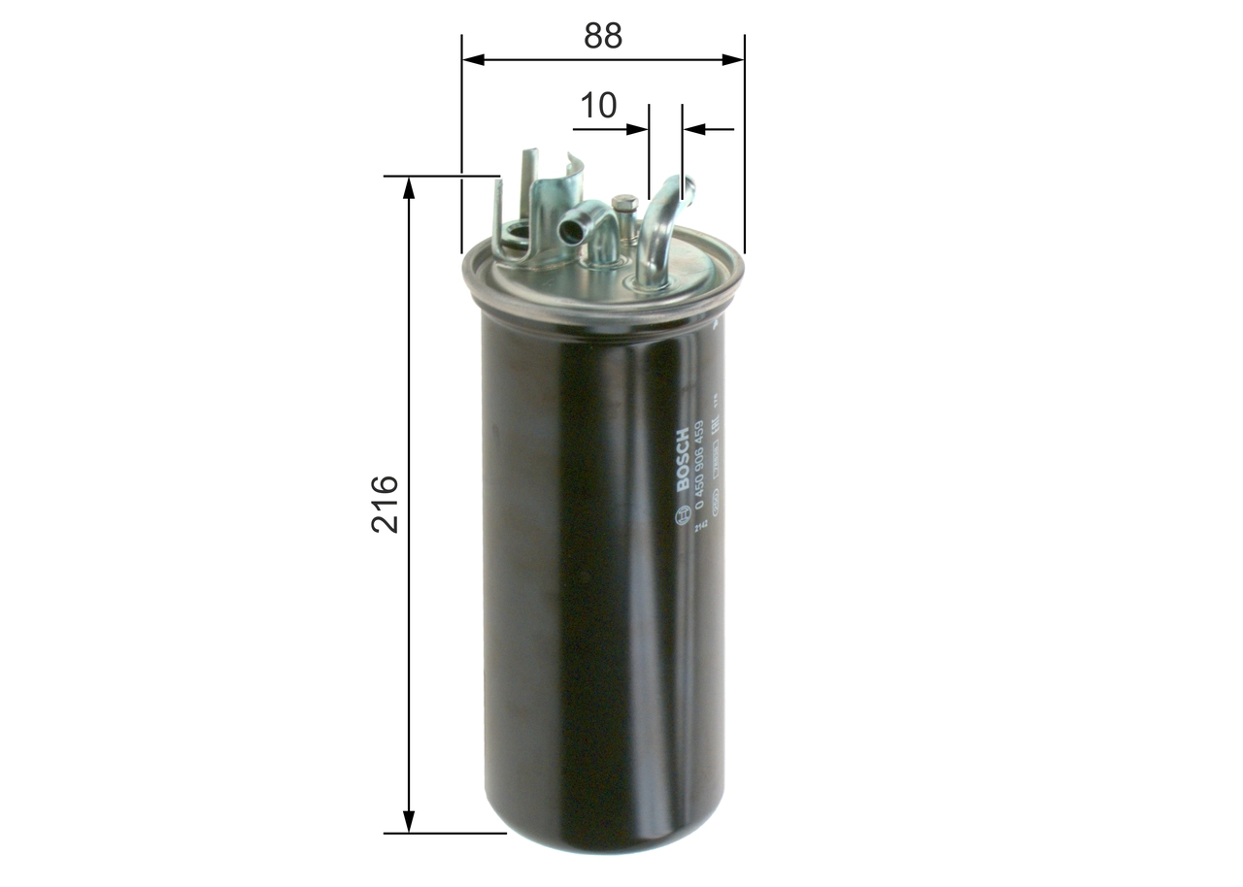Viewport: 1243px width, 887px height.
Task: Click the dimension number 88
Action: click(602, 36)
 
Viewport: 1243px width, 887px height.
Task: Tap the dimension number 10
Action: click(598, 105)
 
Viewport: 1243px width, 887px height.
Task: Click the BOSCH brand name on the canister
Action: click(682, 459)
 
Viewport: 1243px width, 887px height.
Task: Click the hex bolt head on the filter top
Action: click(624, 204)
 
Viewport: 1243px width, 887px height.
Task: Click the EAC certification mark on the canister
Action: click(715, 425)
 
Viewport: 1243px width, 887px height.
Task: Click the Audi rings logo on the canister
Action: click(716, 504)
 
